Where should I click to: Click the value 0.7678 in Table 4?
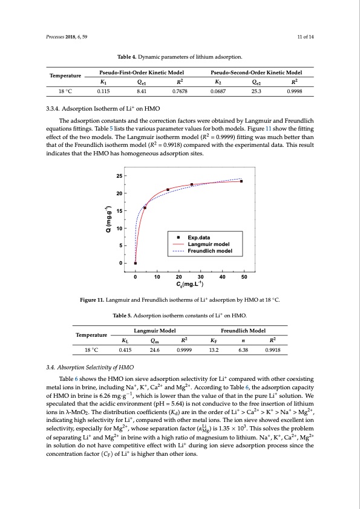click(180, 93)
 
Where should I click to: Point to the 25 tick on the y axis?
click(119, 176)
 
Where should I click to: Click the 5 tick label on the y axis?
click(121, 246)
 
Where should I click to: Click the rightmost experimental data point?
click(241, 181)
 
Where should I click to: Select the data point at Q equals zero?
click(136, 264)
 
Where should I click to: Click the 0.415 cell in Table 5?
click(126, 349)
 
